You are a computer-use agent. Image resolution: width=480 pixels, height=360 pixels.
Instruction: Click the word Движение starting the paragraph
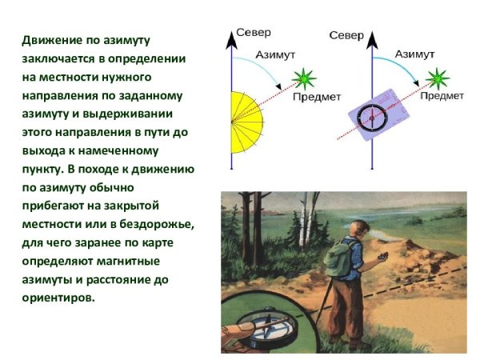50,40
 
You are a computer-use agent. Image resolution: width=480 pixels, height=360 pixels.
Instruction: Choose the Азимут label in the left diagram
275,55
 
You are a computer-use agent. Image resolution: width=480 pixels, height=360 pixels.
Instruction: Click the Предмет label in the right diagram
442,96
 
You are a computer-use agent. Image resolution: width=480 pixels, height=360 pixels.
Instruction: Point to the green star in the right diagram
437,78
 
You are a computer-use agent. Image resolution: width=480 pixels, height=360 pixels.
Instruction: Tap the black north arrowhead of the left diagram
231,35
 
